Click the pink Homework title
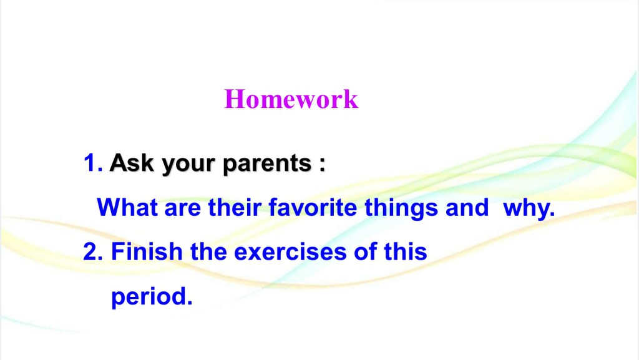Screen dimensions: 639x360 [291, 99]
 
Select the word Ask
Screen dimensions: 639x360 [132, 163]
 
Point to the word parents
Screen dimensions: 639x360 [267, 165]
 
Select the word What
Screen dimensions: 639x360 [127, 207]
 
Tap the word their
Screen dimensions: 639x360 [235, 207]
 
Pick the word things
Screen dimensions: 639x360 [401, 208]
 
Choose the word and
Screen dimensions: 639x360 [467, 207]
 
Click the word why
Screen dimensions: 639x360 [529, 209]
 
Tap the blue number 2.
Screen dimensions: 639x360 [93, 251]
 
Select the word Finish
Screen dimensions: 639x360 [147, 251]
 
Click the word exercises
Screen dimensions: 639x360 [290, 252]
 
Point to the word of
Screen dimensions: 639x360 [365, 251]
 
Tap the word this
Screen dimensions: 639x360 [406, 251]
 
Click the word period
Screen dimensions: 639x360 [152, 297]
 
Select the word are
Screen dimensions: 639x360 [183, 209]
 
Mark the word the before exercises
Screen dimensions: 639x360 [208, 251]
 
